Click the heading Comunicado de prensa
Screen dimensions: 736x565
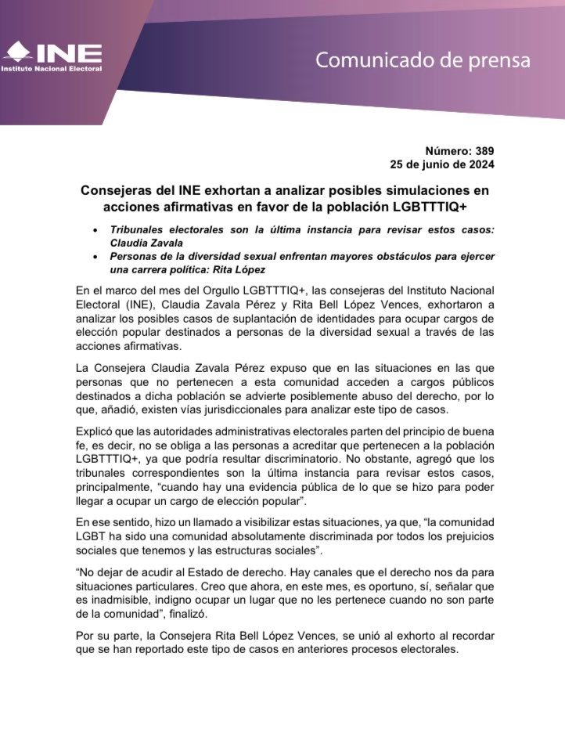[x=423, y=60]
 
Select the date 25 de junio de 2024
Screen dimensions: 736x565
[x=442, y=164]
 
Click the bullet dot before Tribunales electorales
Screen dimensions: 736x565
[x=95, y=230]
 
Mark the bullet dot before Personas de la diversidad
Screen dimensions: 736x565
[x=95, y=257]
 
